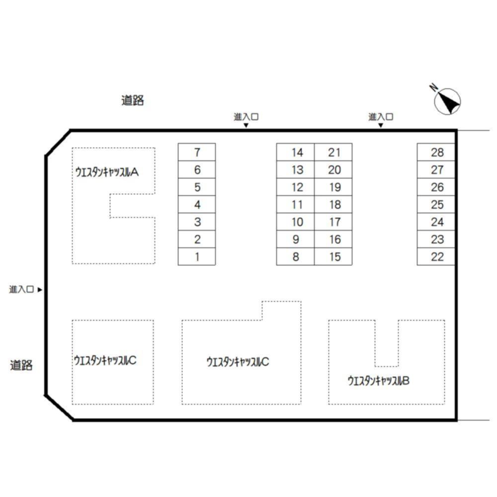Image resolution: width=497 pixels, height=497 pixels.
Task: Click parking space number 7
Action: pyautogui.click(x=197, y=152)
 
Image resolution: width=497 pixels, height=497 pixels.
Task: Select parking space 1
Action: pyautogui.click(x=197, y=256)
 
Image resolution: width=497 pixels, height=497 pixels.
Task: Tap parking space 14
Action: pyautogui.click(x=295, y=152)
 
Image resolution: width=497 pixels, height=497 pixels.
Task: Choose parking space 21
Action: pyautogui.click(x=333, y=152)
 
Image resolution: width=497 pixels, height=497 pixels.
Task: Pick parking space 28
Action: pyautogui.click(x=436, y=152)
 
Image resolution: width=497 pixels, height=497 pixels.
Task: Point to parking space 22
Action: pyautogui.click(x=436, y=256)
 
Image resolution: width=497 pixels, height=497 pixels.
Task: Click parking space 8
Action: pyautogui.click(x=295, y=256)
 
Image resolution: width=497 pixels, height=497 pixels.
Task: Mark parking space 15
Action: pyautogui.click(x=333, y=256)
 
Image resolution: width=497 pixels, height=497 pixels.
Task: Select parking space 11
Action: pyautogui.click(x=295, y=204)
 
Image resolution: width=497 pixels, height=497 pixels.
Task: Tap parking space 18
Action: pyautogui.click(x=333, y=204)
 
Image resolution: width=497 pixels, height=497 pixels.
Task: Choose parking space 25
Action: pyautogui.click(x=436, y=204)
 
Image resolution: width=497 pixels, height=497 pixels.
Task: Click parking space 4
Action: pyautogui.click(x=197, y=204)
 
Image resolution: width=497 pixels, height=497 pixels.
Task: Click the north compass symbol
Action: pyautogui.click(x=447, y=101)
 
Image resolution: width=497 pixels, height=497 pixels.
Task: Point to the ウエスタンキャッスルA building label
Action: pyautogui.click(x=107, y=172)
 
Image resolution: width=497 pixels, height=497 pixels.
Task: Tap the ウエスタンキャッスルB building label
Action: pyautogui.click(x=378, y=380)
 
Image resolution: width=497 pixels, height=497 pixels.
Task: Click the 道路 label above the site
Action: pyautogui.click(x=133, y=100)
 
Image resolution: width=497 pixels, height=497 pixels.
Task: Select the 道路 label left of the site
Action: pyautogui.click(x=21, y=365)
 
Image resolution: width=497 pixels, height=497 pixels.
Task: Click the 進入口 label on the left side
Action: pyautogui.click(x=21, y=289)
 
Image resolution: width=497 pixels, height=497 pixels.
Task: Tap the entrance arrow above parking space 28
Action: pyautogui.click(x=381, y=125)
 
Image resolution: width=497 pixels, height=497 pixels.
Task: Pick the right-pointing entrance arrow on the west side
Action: pyautogui.click(x=40, y=289)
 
